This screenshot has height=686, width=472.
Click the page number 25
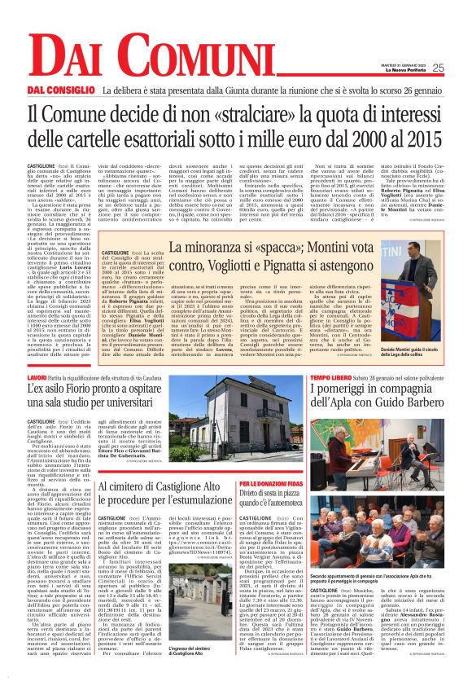coord(460,68)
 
